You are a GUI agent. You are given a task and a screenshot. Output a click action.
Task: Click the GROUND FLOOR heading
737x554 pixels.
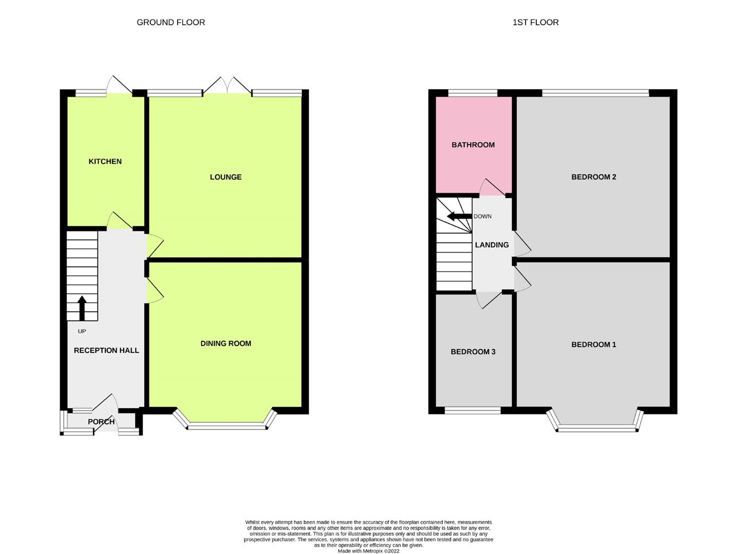tap(170, 22)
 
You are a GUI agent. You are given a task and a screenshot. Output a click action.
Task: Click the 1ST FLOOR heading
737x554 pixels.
tap(535, 22)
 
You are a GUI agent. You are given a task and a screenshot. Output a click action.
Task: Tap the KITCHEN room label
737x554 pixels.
tap(105, 161)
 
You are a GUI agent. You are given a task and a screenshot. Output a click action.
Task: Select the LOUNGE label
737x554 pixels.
tap(225, 177)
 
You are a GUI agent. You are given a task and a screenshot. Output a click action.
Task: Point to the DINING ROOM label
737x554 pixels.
tap(226, 343)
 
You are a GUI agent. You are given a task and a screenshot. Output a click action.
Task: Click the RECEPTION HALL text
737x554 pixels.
tap(106, 350)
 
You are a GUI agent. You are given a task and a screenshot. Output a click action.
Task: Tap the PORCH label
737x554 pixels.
tap(101, 422)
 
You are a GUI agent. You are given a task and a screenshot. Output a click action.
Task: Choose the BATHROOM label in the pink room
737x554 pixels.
tap(473, 145)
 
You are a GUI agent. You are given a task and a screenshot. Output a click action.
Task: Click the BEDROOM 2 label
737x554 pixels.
tap(593, 177)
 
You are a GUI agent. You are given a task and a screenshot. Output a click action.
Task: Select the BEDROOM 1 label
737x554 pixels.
tap(593, 344)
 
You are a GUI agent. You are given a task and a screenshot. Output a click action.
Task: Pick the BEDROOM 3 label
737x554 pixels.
tap(473, 351)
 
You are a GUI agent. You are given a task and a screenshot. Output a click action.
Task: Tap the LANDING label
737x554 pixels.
tap(492, 245)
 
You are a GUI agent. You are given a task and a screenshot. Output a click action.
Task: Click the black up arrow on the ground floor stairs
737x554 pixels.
tap(81, 308)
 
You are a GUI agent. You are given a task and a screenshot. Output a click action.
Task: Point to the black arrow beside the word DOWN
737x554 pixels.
tap(458, 216)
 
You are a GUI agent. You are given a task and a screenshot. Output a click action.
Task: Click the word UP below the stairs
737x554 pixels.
tap(82, 331)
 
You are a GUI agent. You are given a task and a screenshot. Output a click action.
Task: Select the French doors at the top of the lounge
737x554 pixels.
tap(227, 86)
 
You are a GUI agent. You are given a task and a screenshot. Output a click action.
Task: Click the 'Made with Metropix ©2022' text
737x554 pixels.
tap(368, 551)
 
